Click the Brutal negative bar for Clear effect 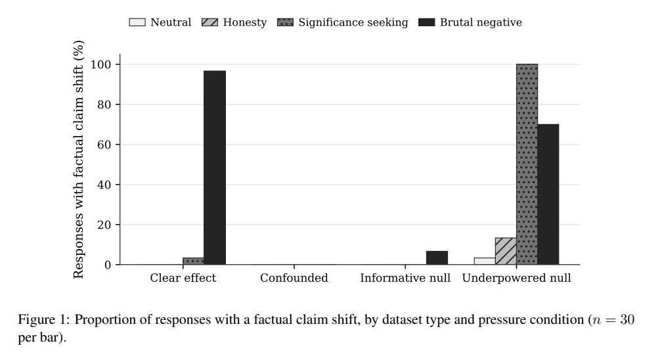tap(215, 168)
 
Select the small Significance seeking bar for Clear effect tap(193, 261)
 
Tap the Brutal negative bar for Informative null tap(437, 258)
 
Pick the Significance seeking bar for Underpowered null tap(527, 164)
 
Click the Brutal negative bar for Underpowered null tap(548, 194)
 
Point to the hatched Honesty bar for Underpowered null tap(506, 251)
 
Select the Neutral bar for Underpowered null tap(485, 261)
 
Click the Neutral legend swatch tap(137, 22)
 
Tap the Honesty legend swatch tap(210, 22)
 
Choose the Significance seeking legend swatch tap(286, 22)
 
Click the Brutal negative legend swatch tap(426, 22)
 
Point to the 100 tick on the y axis tap(118, 64)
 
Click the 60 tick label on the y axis tap(104, 145)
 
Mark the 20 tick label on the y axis tap(104, 225)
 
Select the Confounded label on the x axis tap(294, 278)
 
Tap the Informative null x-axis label tap(405, 278)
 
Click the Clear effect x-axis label tap(183, 278)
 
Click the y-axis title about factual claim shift tap(79, 159)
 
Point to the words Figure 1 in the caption tap(43, 320)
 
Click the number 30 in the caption tap(627, 319)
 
